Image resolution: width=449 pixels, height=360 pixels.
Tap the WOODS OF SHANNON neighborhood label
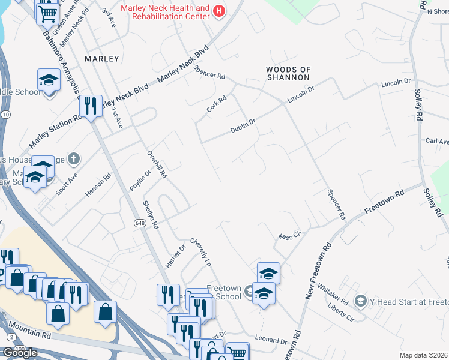point(288,74)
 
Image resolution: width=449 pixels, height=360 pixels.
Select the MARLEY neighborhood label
point(102,59)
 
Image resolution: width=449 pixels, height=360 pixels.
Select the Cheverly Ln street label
point(201,253)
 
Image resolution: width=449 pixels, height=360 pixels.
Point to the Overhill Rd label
point(157,167)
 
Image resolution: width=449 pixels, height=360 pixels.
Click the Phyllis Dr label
point(134,181)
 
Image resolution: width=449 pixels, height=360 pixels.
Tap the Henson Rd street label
point(98,186)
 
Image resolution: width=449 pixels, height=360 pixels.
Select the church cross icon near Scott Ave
point(73,159)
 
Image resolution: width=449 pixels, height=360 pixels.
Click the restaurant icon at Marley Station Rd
point(91,106)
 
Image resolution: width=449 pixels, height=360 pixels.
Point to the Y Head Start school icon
point(361,300)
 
